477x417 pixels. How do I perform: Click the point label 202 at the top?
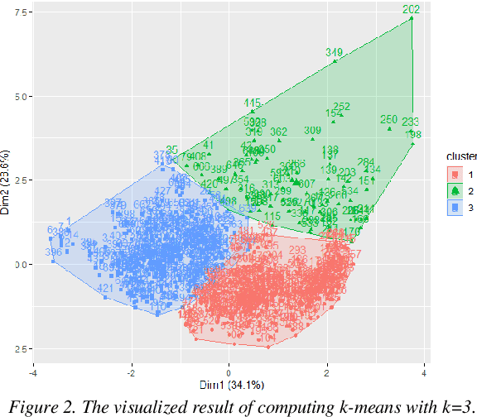click(x=412, y=10)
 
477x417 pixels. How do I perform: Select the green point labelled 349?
click(x=334, y=53)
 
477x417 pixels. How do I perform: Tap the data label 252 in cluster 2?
click(x=342, y=107)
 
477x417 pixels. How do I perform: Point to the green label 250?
click(x=389, y=119)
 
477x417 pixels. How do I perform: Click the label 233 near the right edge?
click(x=411, y=122)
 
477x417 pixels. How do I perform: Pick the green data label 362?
click(x=279, y=132)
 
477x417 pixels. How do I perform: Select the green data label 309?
click(x=312, y=131)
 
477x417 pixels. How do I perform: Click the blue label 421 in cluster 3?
click(x=105, y=288)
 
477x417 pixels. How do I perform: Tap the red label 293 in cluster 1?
click(x=297, y=250)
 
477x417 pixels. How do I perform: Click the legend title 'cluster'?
click(x=460, y=156)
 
